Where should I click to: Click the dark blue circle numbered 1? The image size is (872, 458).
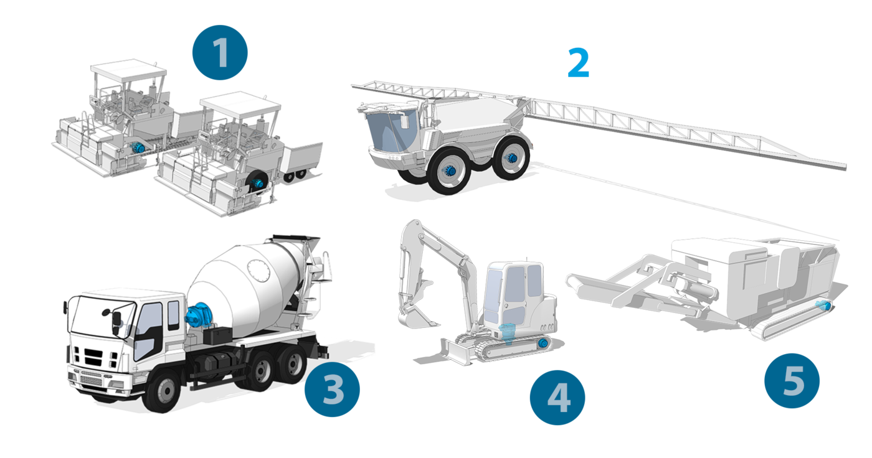click(x=220, y=52)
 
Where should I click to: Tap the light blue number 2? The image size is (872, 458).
click(x=579, y=63)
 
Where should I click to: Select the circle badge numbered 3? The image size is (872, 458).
click(x=332, y=390)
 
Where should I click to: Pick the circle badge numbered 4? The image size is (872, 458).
click(x=557, y=398)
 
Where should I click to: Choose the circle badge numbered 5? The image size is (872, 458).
click(x=792, y=381)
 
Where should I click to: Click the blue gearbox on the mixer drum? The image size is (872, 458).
click(x=199, y=315)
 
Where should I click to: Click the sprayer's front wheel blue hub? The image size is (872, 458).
click(x=451, y=171)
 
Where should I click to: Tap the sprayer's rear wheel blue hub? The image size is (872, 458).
click(x=511, y=158)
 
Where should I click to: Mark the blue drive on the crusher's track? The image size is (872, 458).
click(x=823, y=305)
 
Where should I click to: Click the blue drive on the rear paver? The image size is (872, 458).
click(x=138, y=147)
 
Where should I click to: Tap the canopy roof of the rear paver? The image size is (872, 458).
click(x=128, y=70)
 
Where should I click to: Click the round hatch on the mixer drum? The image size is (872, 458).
click(x=258, y=271)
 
